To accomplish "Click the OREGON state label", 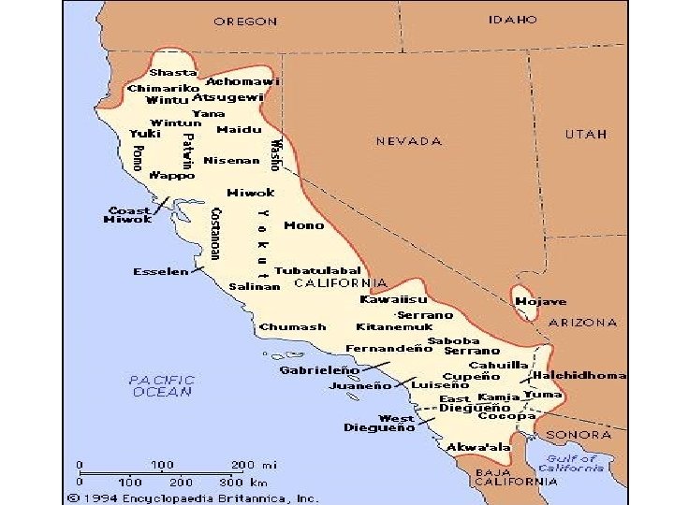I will point(245,21).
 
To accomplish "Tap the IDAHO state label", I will point(512,19).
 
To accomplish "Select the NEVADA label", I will point(409,141).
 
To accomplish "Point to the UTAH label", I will point(586,134).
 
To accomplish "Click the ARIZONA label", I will point(582,323).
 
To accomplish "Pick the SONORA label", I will point(579,435).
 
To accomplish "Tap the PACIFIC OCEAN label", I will point(162,386).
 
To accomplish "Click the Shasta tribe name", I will point(173,72).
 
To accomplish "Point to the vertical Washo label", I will point(274,154).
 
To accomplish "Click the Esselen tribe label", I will point(161,272).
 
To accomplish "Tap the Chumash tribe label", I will point(293,326).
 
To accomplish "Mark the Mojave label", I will point(541,302).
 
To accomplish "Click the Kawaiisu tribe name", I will point(394,300).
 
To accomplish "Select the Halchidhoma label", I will point(579,375).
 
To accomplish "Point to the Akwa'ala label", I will point(477,448).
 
